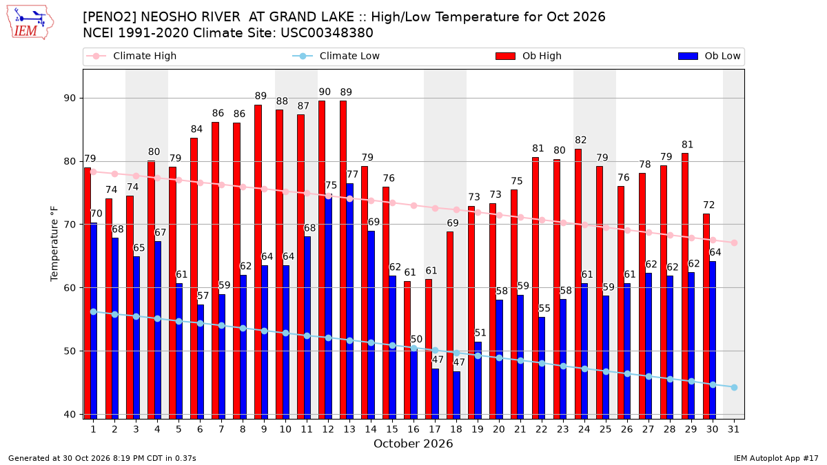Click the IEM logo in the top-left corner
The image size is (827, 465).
(30, 23)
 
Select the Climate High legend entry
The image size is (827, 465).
(131, 56)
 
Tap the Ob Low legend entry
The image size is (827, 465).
(709, 56)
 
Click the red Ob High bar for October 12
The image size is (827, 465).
(322, 260)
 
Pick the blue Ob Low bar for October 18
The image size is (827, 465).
(457, 395)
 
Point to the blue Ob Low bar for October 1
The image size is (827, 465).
(94, 321)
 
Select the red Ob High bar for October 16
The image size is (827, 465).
(407, 350)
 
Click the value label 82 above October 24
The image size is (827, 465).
(581, 141)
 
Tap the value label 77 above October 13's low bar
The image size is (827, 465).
(353, 174)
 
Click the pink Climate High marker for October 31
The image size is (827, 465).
(735, 242)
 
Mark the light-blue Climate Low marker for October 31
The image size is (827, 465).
(735, 387)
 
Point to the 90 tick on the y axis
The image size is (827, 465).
(70, 98)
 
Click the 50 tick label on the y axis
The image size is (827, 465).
(70, 351)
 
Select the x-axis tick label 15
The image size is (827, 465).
(392, 429)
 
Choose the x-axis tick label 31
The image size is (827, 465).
(733, 429)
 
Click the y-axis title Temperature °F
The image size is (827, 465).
(54, 244)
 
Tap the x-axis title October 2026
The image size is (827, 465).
(413, 444)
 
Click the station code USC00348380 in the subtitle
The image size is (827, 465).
(327, 33)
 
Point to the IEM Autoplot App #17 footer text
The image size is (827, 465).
(776, 458)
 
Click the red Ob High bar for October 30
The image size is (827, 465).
(706, 316)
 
